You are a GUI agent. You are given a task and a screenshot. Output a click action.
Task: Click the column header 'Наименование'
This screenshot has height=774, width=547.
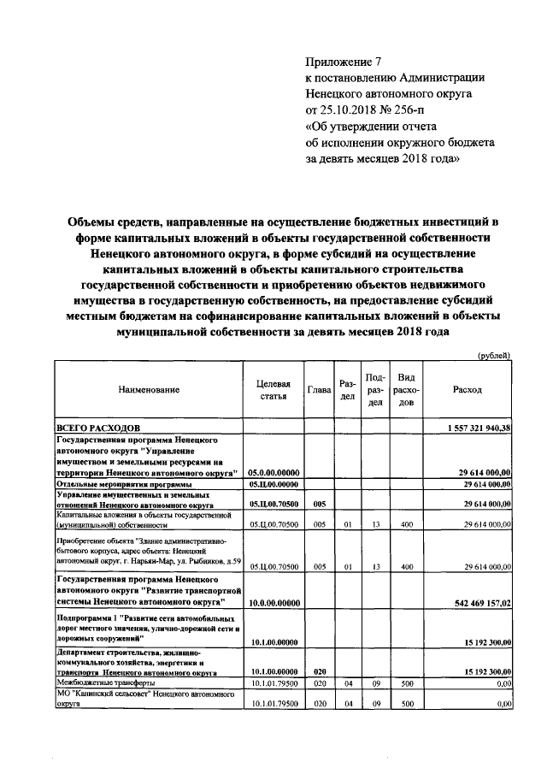pyautogui.click(x=150, y=390)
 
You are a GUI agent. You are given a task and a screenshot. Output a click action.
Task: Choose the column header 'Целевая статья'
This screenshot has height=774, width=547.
pyautogui.click(x=273, y=390)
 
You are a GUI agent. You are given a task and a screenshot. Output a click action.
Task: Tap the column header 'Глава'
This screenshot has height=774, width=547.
pyautogui.click(x=318, y=390)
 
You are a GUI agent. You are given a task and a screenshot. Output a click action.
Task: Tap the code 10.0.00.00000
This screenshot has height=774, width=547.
pyautogui.click(x=273, y=603)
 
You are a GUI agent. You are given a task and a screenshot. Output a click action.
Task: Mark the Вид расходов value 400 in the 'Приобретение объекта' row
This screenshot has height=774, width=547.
pyautogui.click(x=407, y=566)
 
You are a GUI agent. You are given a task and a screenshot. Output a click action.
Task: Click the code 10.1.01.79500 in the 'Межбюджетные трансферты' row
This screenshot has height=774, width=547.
pyautogui.click(x=273, y=683)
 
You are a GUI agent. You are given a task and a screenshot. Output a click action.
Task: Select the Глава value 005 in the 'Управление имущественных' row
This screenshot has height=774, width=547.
pyautogui.click(x=318, y=505)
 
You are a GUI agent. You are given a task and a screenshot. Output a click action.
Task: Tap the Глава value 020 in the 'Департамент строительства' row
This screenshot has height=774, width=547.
pyautogui.click(x=318, y=672)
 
